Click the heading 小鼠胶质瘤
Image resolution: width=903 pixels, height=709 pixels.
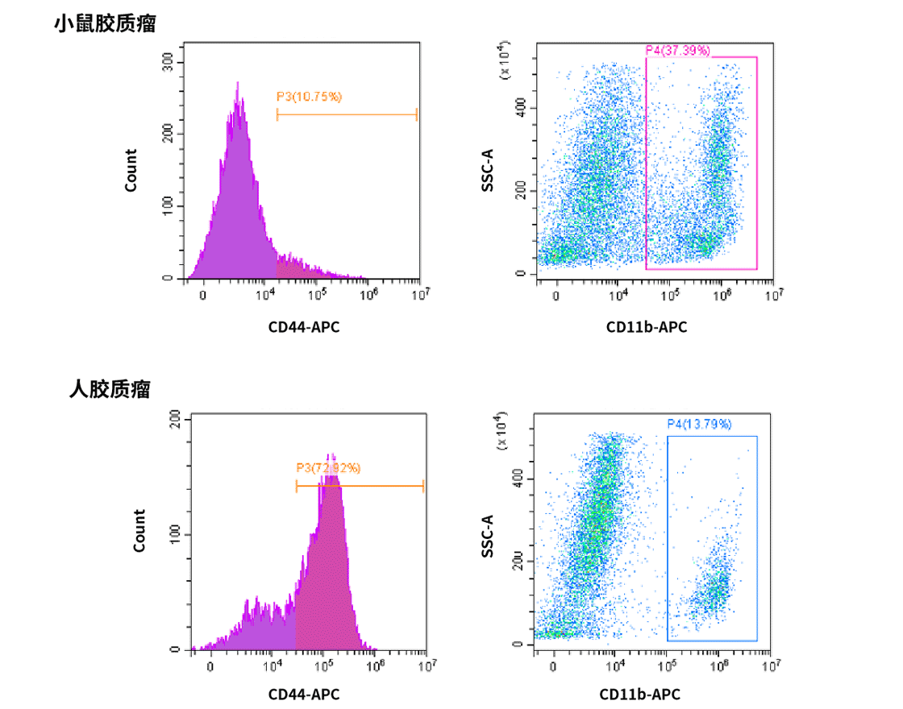point(105,24)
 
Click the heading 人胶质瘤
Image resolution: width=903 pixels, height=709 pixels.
point(110,390)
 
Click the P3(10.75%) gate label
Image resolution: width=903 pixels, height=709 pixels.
point(310,97)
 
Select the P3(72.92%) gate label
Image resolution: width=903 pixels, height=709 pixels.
point(328,467)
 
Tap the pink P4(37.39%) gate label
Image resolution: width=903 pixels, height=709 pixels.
point(678,50)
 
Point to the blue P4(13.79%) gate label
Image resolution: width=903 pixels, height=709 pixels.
point(699,424)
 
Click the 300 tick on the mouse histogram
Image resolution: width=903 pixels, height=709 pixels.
point(168,63)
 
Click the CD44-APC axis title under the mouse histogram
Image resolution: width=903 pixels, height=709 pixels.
point(304,327)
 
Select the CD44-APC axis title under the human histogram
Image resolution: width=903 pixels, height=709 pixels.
point(304,694)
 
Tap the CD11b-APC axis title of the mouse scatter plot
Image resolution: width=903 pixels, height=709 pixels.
point(647,327)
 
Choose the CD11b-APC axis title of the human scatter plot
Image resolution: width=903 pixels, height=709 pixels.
point(639,694)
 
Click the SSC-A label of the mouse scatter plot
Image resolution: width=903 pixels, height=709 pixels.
point(487,170)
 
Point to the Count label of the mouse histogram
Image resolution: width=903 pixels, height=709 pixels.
point(131,170)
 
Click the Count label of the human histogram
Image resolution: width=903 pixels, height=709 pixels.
point(139,530)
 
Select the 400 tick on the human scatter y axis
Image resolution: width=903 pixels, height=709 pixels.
point(522,479)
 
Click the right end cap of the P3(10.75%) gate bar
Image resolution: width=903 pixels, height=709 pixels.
point(417,114)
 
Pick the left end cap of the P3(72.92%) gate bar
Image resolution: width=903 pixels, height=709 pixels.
point(297,486)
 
